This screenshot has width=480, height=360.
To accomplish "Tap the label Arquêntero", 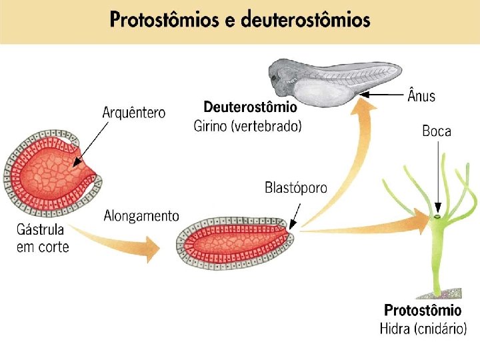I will (x=133, y=113).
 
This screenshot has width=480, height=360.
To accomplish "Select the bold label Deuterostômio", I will (x=250, y=107).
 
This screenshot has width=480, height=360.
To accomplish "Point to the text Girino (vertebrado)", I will (x=247, y=125).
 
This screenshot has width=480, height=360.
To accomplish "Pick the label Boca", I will (x=437, y=131).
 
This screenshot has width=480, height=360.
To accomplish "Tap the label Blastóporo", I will (x=296, y=187).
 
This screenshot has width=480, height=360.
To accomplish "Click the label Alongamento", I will (x=141, y=216).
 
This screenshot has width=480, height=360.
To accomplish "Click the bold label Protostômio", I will (x=423, y=310).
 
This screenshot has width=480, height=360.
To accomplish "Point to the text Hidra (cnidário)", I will (x=423, y=329).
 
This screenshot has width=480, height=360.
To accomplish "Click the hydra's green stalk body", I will (x=439, y=260).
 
